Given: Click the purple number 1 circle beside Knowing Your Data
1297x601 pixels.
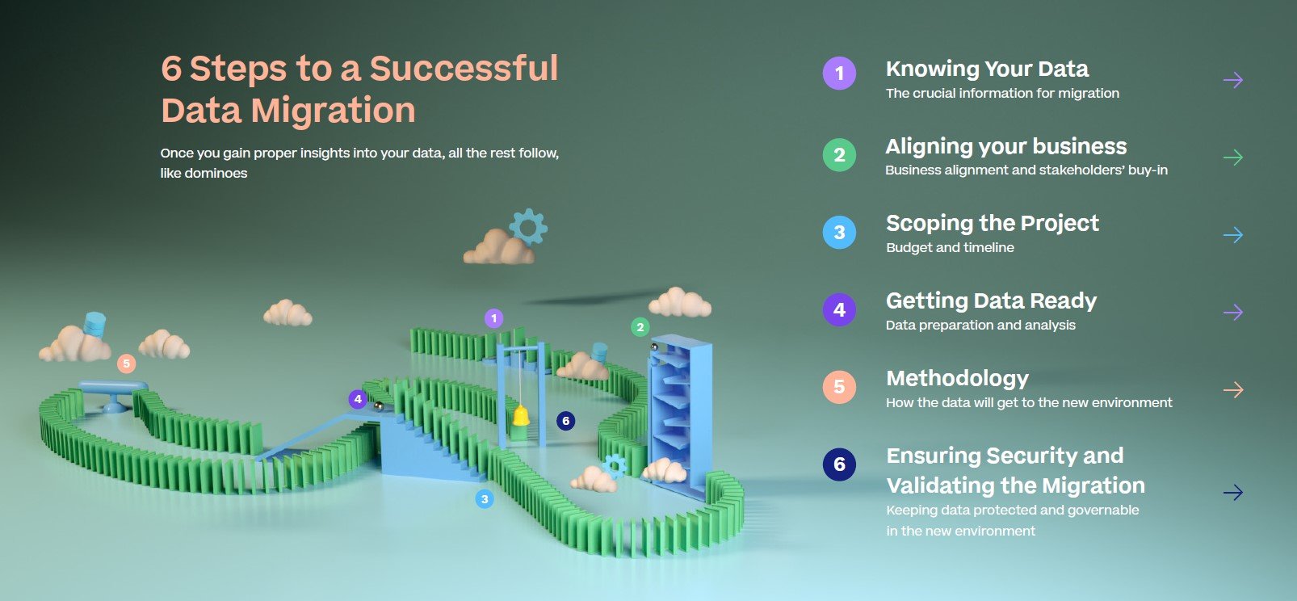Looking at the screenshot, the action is tap(839, 73).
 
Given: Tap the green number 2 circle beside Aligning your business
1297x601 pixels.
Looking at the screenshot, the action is tap(839, 154).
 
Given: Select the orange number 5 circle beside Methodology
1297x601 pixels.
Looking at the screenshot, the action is tap(839, 387).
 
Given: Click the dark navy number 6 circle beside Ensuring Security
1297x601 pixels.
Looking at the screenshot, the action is tap(839, 464).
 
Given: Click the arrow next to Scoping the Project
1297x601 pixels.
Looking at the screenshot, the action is tap(1233, 234).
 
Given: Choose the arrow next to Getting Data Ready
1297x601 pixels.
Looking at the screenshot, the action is tap(1233, 312).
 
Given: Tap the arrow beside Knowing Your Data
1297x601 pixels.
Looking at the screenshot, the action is tap(1233, 80).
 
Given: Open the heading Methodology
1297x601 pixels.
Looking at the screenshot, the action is tap(957, 378).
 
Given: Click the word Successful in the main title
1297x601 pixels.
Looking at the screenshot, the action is tap(464, 68).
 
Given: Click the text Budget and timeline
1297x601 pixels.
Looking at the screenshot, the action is tap(950, 248).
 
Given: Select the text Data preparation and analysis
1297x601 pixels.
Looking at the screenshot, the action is tap(980, 326).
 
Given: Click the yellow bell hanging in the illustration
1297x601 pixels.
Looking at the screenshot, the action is tap(521, 416).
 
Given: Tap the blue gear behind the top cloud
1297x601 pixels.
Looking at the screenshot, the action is tap(528, 226).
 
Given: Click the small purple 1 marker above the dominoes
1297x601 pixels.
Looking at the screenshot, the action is tap(494, 318).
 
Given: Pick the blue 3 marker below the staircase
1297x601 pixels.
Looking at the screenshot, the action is tap(485, 499).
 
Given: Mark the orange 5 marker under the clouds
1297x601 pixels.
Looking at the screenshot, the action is tap(126, 364).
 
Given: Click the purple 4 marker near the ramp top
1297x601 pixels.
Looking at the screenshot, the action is tap(358, 399).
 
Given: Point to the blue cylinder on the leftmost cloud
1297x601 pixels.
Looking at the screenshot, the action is tap(94, 324).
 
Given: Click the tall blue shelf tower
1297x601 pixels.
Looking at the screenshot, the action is tap(678, 414).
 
